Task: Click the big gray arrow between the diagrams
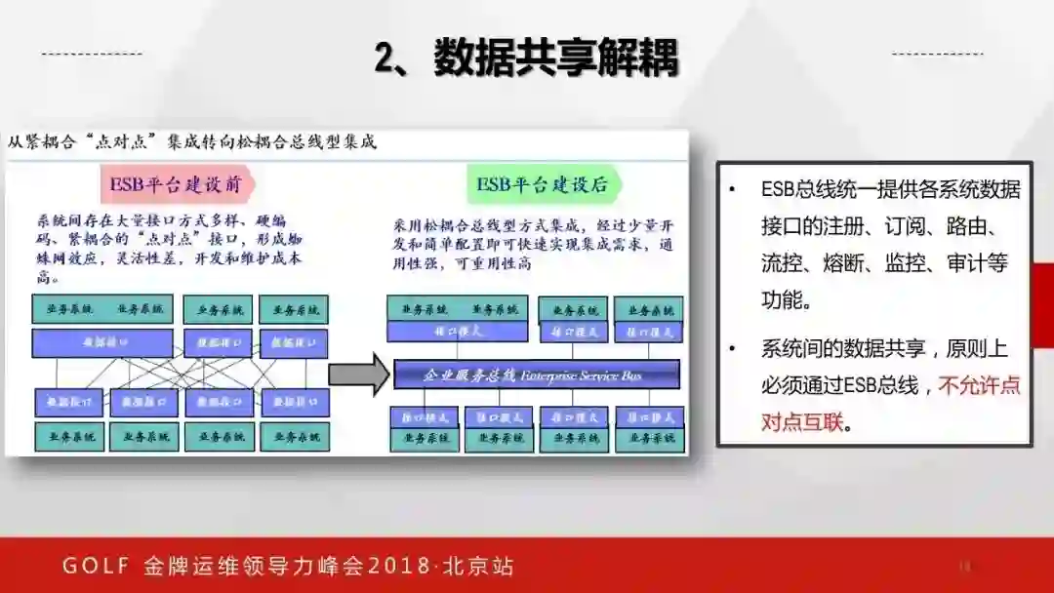pos(358,374)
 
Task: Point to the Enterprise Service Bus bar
pos(536,374)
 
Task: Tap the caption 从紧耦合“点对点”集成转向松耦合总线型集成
pos(191,142)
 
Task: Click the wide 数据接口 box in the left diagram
pos(102,343)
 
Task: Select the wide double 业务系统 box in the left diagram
pos(102,309)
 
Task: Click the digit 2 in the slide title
pos(385,58)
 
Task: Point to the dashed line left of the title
pos(93,53)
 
